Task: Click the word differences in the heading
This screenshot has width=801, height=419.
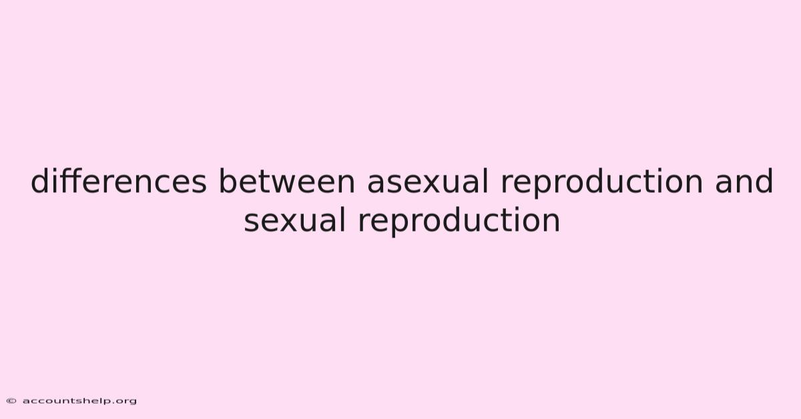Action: click(119, 181)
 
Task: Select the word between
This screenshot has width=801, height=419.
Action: click(287, 181)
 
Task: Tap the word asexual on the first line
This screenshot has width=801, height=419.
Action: click(428, 181)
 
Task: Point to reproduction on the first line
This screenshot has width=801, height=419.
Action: click(601, 182)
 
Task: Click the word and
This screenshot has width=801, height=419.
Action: click(744, 181)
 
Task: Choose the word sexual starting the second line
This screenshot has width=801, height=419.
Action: click(294, 220)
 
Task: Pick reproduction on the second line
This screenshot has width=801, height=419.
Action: click(459, 221)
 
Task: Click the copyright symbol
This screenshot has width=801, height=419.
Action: click(11, 401)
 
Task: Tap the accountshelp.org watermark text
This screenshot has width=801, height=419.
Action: click(79, 402)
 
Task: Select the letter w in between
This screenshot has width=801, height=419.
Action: click(284, 184)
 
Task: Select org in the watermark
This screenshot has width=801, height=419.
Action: click(127, 402)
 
